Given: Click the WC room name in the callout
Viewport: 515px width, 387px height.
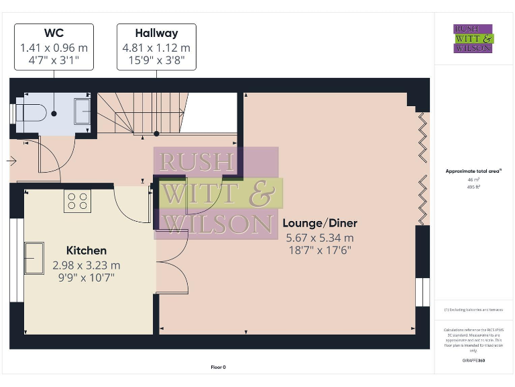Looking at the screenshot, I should (x=54, y=33).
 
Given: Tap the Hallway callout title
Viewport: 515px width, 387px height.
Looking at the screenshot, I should (x=156, y=33).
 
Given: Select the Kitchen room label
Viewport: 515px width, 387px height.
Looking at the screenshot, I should (x=86, y=251).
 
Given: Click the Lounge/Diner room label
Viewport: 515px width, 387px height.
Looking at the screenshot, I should (x=320, y=223).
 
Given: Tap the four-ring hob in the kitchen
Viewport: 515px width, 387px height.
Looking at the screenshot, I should (x=77, y=201).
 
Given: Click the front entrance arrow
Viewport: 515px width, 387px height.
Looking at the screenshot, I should (x=12, y=161).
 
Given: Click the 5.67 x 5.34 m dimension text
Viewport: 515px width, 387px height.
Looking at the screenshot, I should (x=320, y=237).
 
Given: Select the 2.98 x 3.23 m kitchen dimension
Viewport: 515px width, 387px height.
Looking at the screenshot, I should (x=86, y=265).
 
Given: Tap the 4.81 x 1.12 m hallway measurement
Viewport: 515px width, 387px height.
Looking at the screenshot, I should (x=156, y=48).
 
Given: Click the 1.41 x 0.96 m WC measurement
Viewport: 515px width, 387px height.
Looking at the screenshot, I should (x=54, y=48).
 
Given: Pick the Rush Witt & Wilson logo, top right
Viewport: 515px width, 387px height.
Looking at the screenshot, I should (x=473, y=38).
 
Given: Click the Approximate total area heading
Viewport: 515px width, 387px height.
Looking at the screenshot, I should (x=473, y=171).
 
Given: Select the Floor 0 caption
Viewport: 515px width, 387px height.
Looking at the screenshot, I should (x=219, y=368).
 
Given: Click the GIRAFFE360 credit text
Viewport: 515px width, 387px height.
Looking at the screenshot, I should (x=473, y=361).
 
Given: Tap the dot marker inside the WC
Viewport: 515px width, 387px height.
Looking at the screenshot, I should (x=54, y=114).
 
